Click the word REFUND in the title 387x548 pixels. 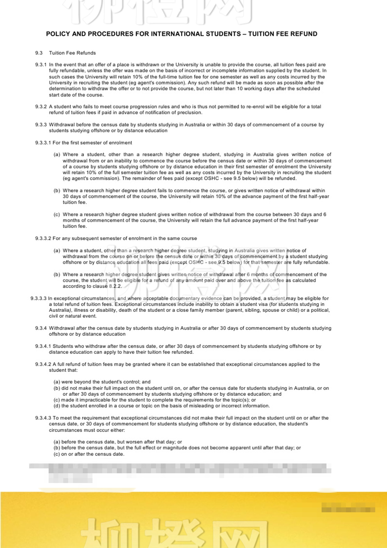click(304, 34)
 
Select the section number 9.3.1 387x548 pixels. click(41, 65)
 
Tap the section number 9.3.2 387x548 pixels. click(41, 107)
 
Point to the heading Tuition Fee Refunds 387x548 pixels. click(72, 53)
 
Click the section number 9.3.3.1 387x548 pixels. click(43, 143)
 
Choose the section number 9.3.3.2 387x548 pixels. click(43, 239)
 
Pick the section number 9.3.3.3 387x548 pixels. click(38, 298)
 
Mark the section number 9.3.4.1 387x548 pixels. click(43, 346)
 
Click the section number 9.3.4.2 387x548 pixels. click(43, 364)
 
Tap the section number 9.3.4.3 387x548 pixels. click(43, 418)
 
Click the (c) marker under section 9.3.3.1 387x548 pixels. click(57, 214)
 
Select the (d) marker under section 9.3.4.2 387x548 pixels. click(57, 406)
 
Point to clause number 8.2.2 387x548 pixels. click(115, 286)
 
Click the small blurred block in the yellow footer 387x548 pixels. click(348, 509)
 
